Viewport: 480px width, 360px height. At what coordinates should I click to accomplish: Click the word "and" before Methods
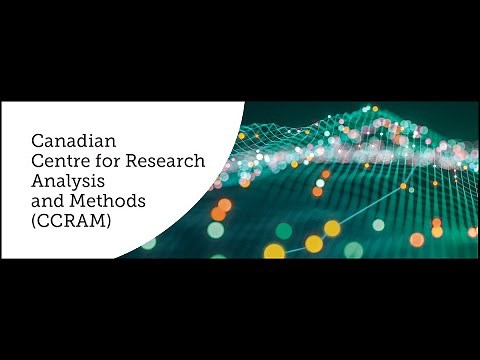pos(48,201)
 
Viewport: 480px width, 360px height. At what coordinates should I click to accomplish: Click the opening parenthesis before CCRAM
pos(34,224)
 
